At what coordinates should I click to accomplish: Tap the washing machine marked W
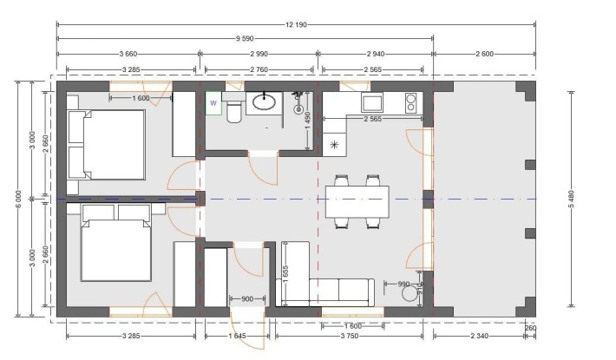pyautogui.click(x=213, y=102)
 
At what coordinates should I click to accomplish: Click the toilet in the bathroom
pyautogui.click(x=234, y=111)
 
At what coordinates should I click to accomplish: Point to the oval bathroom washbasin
pyautogui.click(x=265, y=103)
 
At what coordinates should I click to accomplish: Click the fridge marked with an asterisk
pyautogui.click(x=334, y=144)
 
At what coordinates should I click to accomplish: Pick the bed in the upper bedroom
pyautogui.click(x=106, y=143)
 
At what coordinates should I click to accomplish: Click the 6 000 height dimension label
pyautogui.click(x=16, y=200)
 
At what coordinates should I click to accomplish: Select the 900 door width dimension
pyautogui.click(x=246, y=299)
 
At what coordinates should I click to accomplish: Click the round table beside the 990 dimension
pyautogui.click(x=409, y=294)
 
